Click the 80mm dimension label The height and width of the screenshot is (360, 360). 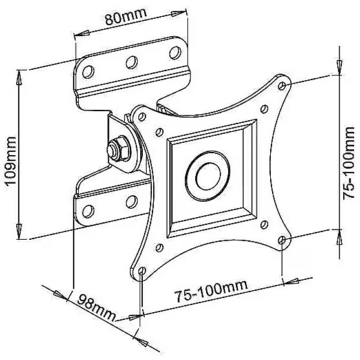[x=126, y=16]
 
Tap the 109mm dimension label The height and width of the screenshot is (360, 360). [x=11, y=160]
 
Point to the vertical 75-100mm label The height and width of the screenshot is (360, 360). [x=349, y=163]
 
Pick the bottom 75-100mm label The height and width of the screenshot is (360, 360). [x=211, y=290]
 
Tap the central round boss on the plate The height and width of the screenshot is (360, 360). [x=207, y=176]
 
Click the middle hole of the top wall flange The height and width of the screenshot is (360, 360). [x=132, y=62]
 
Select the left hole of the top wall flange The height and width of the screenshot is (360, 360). [x=88, y=72]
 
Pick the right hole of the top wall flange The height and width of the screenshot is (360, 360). [x=175, y=52]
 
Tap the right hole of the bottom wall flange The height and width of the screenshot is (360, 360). [x=132, y=202]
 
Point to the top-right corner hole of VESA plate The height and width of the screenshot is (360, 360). [x=282, y=86]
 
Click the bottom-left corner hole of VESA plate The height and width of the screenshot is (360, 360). [x=142, y=271]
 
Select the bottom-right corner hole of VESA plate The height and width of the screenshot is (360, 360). [x=282, y=240]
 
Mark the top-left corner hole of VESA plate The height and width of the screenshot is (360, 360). [x=142, y=117]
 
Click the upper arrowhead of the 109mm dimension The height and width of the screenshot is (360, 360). [x=19, y=77]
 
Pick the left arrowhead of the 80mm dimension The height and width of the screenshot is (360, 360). [x=81, y=34]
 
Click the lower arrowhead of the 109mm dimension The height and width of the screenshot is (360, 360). [x=19, y=232]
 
